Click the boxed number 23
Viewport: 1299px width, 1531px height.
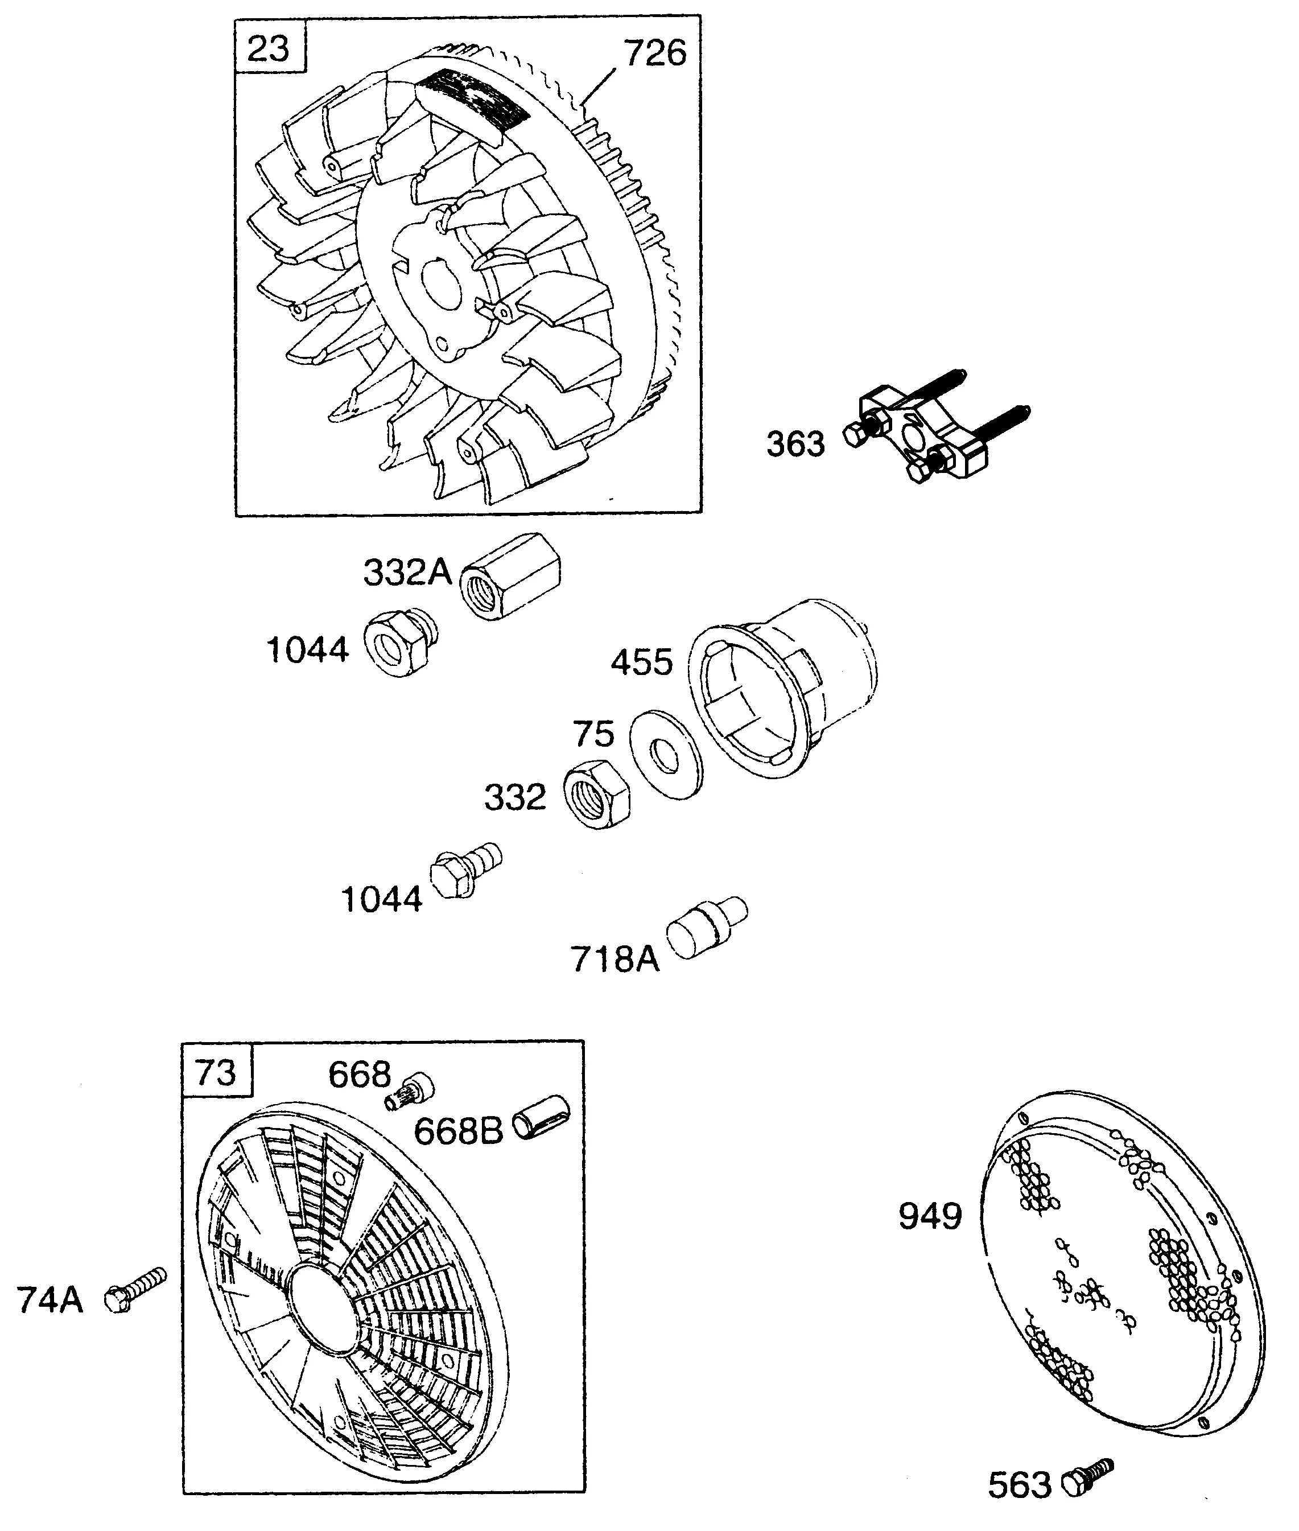269,50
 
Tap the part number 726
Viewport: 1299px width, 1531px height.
655,53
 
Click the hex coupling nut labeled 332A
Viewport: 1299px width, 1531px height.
510,577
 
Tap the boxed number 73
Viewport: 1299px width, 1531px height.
216,1073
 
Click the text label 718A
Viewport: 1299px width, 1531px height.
616,959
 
